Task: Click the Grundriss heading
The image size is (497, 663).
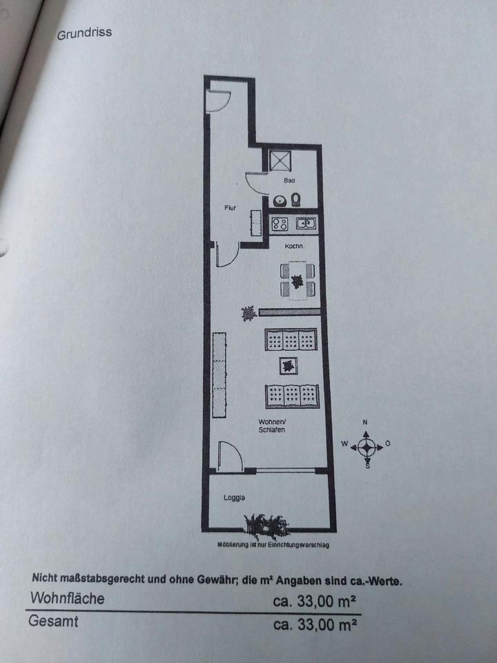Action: pos(84,32)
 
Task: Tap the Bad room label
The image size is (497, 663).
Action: pos(290,181)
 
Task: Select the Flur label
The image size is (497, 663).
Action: pos(231,207)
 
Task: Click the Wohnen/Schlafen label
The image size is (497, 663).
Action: pos(272,425)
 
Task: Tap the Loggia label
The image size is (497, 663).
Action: pos(234,497)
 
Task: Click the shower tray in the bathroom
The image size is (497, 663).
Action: pos(281,161)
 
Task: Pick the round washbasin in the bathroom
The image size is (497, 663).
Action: pos(280,201)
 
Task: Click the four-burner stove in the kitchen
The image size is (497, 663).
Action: pos(279,224)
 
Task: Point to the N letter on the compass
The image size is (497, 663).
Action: pos(367,422)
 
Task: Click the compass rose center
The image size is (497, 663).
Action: pos(367,446)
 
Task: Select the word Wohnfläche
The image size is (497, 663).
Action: pos(67,598)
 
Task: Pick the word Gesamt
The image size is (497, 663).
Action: pos(53,621)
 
